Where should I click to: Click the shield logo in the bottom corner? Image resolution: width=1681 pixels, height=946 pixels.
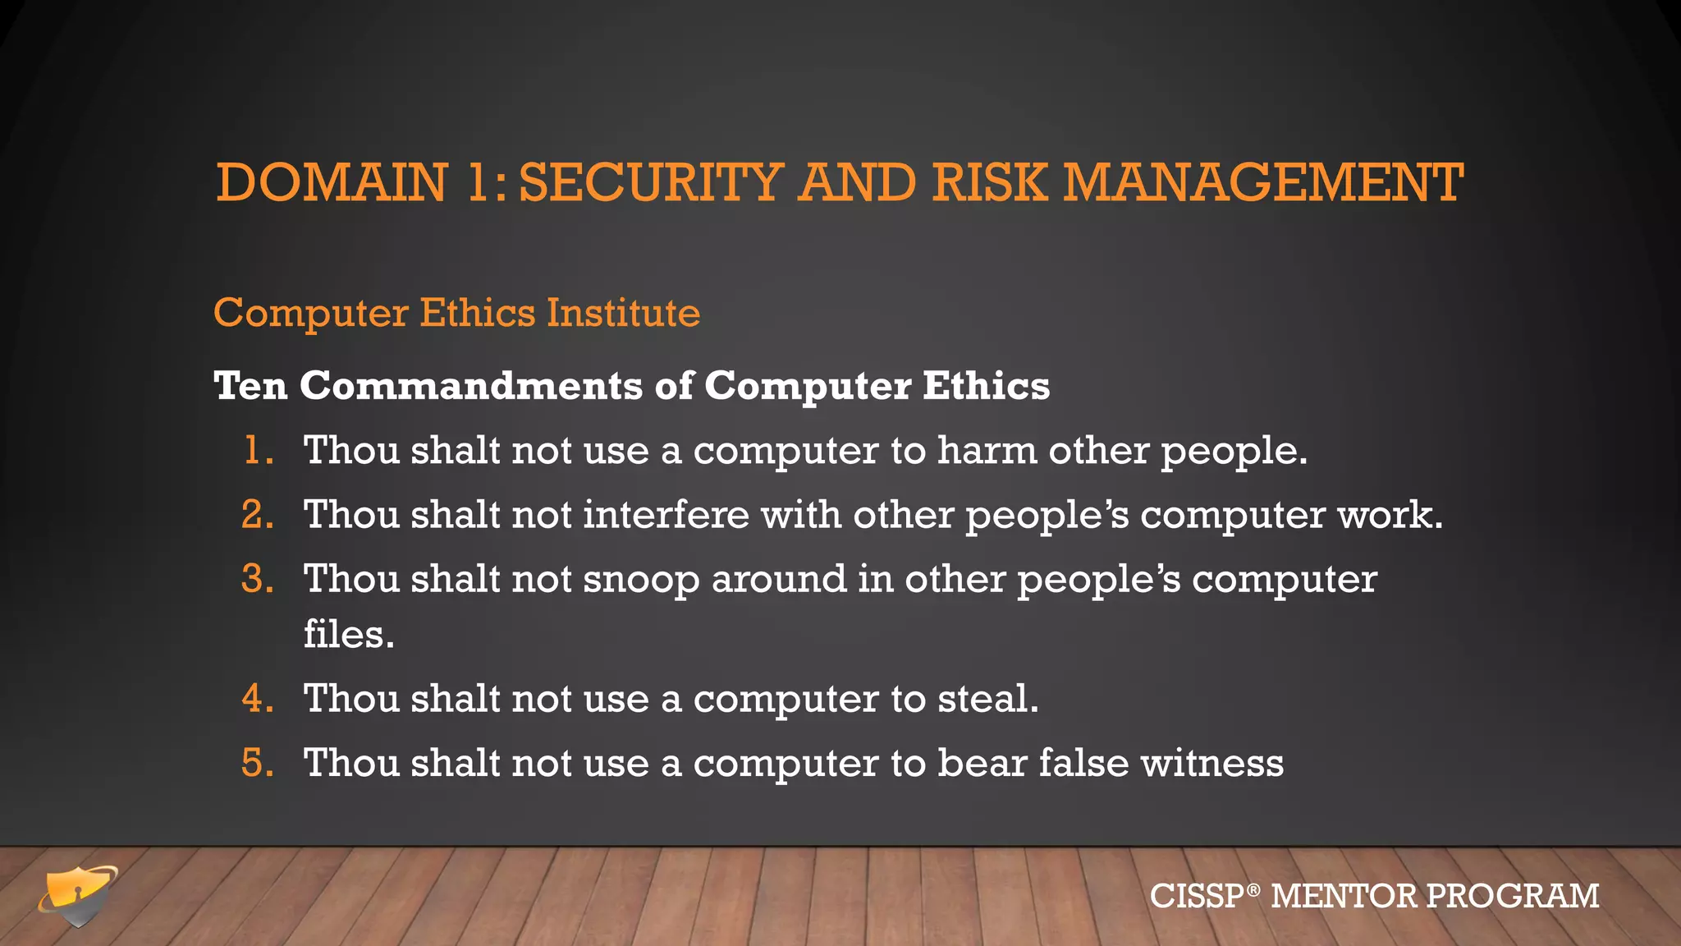pos(78,896)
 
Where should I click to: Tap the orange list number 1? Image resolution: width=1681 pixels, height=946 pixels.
pos(257,451)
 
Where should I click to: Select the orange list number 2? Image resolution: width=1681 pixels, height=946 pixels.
pos(257,515)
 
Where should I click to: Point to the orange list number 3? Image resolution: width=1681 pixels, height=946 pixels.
pos(257,579)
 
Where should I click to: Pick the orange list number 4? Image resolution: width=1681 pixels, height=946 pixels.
pos(257,699)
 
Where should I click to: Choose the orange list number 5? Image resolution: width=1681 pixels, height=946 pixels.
pos(257,763)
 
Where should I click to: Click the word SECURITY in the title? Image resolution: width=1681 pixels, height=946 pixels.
pos(651,182)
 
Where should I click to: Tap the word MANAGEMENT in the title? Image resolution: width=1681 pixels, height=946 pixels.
pos(1263,182)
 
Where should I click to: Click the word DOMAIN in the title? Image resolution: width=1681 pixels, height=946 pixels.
pos(332,182)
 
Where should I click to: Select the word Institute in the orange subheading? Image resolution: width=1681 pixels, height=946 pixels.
pos(624,313)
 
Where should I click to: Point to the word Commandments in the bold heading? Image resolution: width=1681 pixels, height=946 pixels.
pos(471,386)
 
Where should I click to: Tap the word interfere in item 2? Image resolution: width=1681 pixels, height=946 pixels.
pos(666,515)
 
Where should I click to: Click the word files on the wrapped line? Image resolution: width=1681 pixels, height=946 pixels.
pos(348,634)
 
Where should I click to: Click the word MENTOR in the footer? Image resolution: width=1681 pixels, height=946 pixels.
pos(1344,896)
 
